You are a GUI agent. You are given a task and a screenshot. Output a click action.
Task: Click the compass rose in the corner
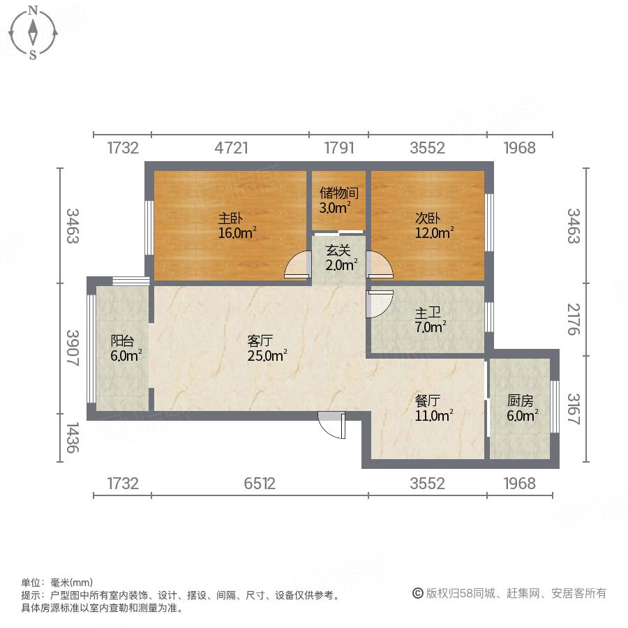coord(33,31)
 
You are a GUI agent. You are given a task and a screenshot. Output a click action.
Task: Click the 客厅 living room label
coord(260,341)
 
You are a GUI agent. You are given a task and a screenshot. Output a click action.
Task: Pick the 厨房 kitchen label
coord(521,401)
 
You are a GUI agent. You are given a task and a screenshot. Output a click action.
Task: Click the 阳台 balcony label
coord(122,341)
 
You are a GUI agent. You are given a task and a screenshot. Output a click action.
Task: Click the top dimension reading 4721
coord(230,148)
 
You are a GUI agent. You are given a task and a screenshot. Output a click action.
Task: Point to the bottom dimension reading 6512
coord(260,483)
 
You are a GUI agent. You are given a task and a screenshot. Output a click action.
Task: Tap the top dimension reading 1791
coord(339,148)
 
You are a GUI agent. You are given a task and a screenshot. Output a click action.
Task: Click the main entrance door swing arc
coord(331,424)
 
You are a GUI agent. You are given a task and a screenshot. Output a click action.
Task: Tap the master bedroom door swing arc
coord(298,267)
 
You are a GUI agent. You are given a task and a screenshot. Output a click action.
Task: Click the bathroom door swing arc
coord(380,304)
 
